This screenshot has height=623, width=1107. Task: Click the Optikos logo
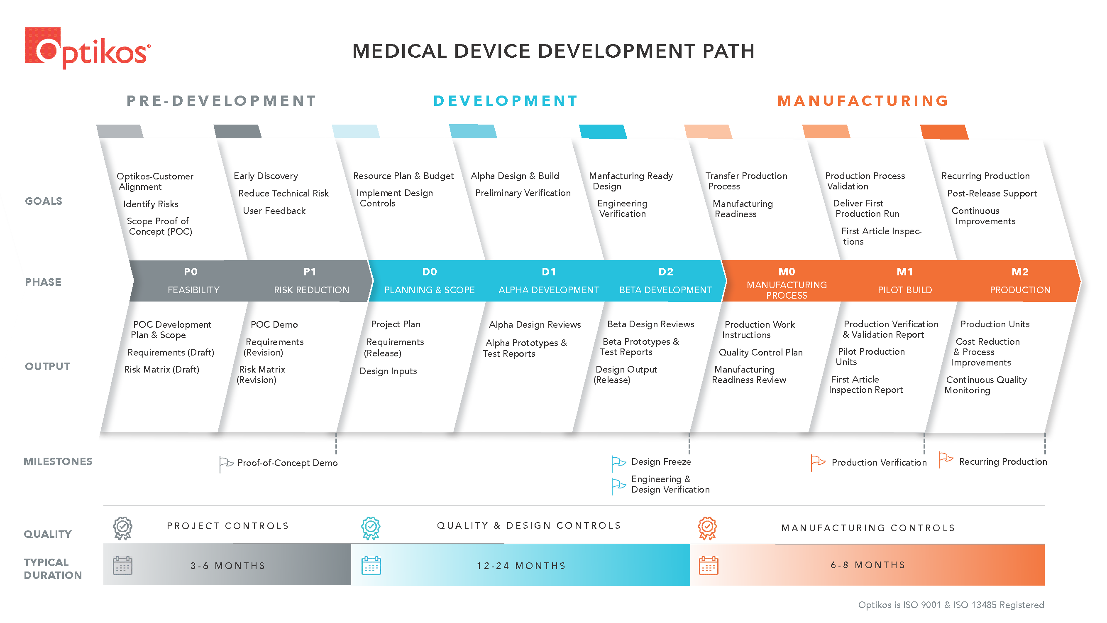point(88,48)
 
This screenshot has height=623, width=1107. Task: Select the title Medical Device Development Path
point(554,51)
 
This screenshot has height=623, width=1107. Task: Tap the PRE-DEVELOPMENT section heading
point(221,101)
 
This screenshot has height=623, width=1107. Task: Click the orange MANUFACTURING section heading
point(863,101)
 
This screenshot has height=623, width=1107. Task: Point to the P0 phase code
point(191,272)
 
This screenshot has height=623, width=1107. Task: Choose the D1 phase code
point(549,272)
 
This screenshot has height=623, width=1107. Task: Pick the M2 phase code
point(1020,272)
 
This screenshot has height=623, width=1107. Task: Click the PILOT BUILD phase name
point(904,290)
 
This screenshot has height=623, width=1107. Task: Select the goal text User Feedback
point(274,211)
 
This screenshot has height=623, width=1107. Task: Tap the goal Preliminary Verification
point(523,193)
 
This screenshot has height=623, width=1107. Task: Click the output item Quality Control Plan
point(761,352)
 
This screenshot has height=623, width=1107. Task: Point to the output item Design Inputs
point(388,371)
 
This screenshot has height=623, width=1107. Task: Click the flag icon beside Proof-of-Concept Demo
point(226,464)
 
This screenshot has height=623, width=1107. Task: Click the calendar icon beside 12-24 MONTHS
point(371,565)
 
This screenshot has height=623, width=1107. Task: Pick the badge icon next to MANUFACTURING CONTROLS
point(707,528)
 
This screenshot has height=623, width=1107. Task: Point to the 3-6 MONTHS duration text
point(228,565)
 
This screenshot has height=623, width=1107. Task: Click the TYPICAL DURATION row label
point(53,569)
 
